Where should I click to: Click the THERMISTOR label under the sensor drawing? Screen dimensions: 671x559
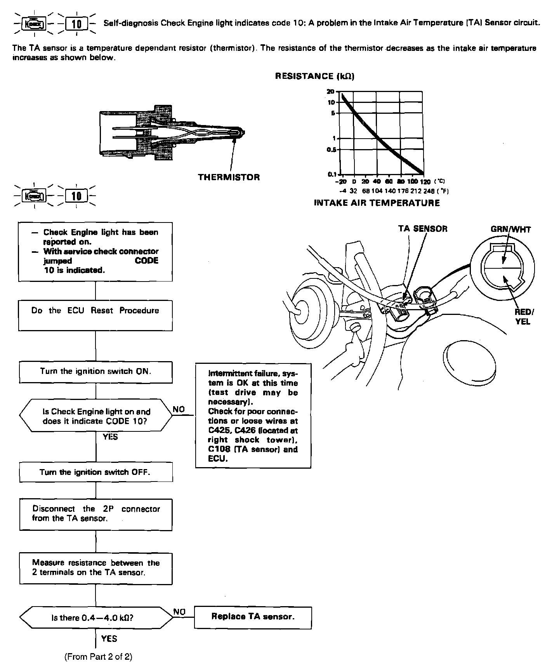pyautogui.click(x=229, y=177)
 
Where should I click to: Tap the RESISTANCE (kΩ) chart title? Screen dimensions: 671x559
pyautogui.click(x=314, y=76)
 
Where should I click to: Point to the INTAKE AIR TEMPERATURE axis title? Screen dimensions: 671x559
pyautogui.click(x=377, y=203)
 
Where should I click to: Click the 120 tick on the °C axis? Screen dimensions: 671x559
pyautogui.click(x=425, y=181)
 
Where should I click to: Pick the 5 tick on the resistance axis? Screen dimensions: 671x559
pyautogui.click(x=333, y=113)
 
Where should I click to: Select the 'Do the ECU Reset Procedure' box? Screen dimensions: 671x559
pyautogui.click(x=95, y=315)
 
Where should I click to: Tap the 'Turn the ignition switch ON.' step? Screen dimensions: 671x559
pyautogui.click(x=95, y=372)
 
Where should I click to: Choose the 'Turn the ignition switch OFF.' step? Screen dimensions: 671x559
pyautogui.click(x=95, y=473)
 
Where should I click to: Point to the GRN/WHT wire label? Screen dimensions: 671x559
pyautogui.click(x=510, y=229)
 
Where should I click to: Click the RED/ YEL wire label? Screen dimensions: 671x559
pyautogui.click(x=523, y=316)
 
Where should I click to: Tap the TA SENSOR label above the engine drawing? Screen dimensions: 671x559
pyautogui.click(x=423, y=229)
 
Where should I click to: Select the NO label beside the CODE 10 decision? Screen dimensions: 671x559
pyautogui.click(x=179, y=409)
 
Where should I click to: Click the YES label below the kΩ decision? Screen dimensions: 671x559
pyautogui.click(x=109, y=638)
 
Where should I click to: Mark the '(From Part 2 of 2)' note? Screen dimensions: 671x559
pyautogui.click(x=98, y=657)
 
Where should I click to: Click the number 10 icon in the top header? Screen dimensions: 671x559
pyautogui.click(x=77, y=24)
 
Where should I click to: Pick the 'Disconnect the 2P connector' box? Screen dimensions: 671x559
pyautogui.click(x=95, y=514)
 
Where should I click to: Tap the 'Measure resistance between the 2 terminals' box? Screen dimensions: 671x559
pyautogui.click(x=95, y=568)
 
